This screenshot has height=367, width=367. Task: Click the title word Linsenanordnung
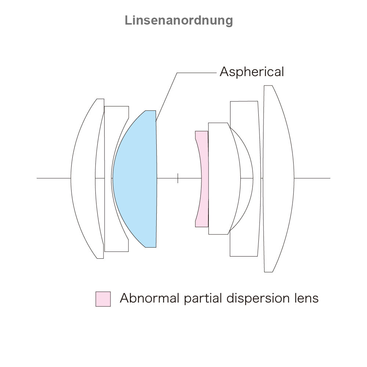(179, 21)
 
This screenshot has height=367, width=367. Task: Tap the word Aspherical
(252, 72)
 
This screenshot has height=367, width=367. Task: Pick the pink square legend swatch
(103, 299)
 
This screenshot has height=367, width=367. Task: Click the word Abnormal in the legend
(149, 298)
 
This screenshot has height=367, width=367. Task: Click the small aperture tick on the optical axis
(178, 178)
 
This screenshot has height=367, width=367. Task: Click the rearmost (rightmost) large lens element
(279, 179)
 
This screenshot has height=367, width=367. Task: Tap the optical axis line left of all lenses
(54, 178)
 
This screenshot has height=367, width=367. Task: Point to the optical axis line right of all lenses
(312, 178)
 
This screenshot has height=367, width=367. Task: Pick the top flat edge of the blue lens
(151, 111)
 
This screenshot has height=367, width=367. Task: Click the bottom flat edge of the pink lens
(202, 227)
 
